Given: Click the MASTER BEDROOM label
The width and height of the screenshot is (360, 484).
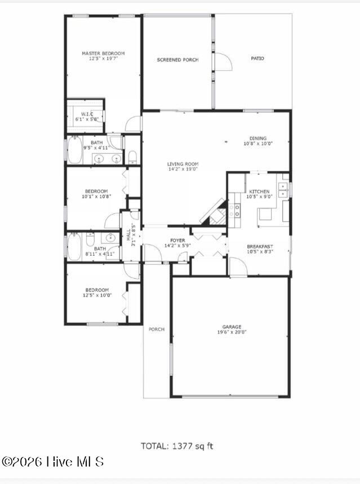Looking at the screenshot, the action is pyautogui.click(x=103, y=54).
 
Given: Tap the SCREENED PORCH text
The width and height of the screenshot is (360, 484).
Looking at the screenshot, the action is pyautogui.click(x=177, y=60).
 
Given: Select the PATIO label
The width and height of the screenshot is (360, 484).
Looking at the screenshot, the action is pyautogui.click(x=257, y=59).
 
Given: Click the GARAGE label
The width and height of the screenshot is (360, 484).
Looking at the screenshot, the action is pyautogui.click(x=232, y=327).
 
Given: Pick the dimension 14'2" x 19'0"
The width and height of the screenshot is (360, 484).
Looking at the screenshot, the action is pyautogui.click(x=183, y=169).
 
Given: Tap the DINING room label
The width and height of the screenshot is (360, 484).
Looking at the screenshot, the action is pyautogui.click(x=258, y=138).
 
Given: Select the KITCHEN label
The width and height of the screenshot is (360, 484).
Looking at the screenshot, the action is pyautogui.click(x=259, y=192).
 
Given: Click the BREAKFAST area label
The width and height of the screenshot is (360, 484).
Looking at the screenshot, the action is pyautogui.click(x=260, y=247).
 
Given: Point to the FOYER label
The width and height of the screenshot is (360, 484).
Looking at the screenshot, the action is pyautogui.click(x=177, y=241).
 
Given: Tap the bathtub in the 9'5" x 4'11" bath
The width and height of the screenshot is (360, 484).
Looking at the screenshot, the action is pyautogui.click(x=74, y=150).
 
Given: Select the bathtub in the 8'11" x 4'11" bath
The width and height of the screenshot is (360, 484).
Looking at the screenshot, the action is pyautogui.click(x=74, y=247).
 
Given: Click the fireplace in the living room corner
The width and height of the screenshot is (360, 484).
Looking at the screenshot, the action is pyautogui.click(x=215, y=212).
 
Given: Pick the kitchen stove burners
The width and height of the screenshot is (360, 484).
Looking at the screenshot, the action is pyautogui.click(x=234, y=210).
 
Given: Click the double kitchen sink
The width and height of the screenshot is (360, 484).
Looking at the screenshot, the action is pyautogui.click(x=283, y=190).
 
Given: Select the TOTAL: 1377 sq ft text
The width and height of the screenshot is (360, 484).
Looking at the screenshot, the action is pyautogui.click(x=177, y=446).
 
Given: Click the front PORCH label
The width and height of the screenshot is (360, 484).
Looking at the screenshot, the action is pyautogui.click(x=157, y=330).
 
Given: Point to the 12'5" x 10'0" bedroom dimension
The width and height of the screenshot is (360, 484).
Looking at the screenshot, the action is pyautogui.click(x=97, y=295).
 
